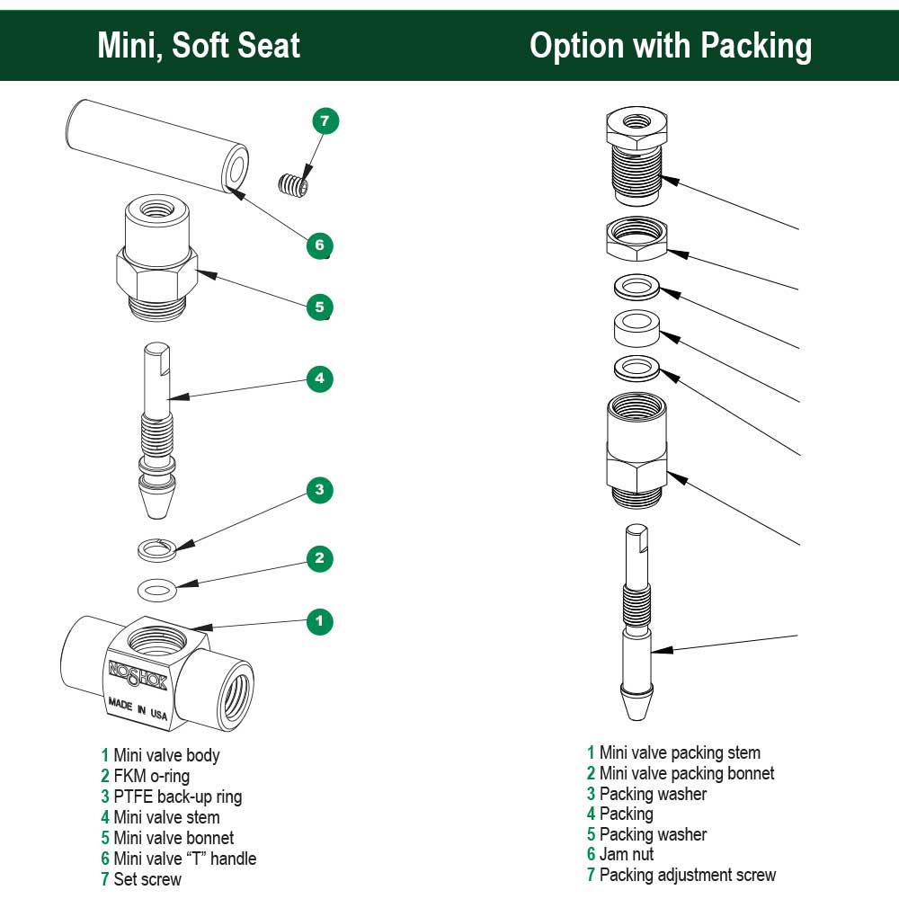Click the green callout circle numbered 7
click(x=325, y=120)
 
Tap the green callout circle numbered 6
click(x=319, y=245)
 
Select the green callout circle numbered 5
click(x=319, y=307)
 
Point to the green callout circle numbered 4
click(x=319, y=378)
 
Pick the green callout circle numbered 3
click(x=319, y=490)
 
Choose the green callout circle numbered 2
click(x=319, y=558)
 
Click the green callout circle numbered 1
click(x=319, y=620)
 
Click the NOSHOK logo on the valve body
click(x=137, y=672)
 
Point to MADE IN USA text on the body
click(x=138, y=708)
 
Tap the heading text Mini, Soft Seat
click(x=199, y=45)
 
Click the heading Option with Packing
click(x=670, y=45)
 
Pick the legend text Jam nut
click(x=627, y=854)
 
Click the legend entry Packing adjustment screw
click(x=687, y=875)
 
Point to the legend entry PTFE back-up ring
click(x=177, y=797)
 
